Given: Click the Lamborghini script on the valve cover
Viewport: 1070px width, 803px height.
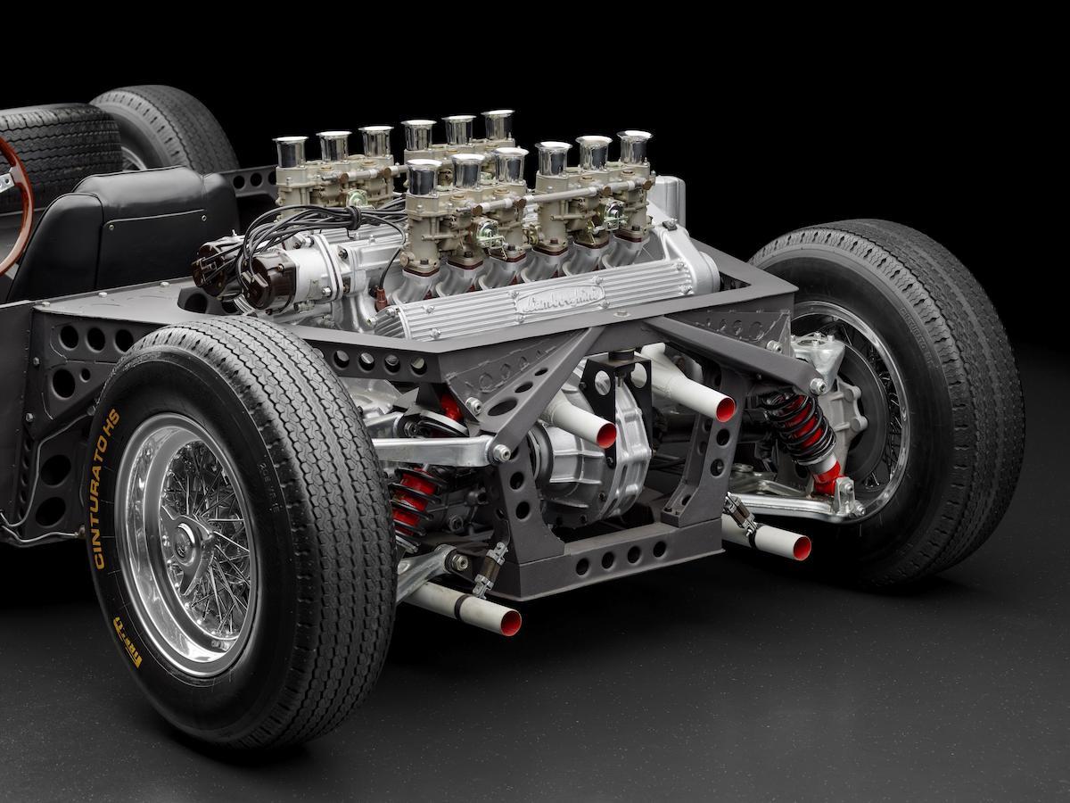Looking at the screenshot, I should point(559,298).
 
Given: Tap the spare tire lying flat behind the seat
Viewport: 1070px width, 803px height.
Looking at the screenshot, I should point(58,143).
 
